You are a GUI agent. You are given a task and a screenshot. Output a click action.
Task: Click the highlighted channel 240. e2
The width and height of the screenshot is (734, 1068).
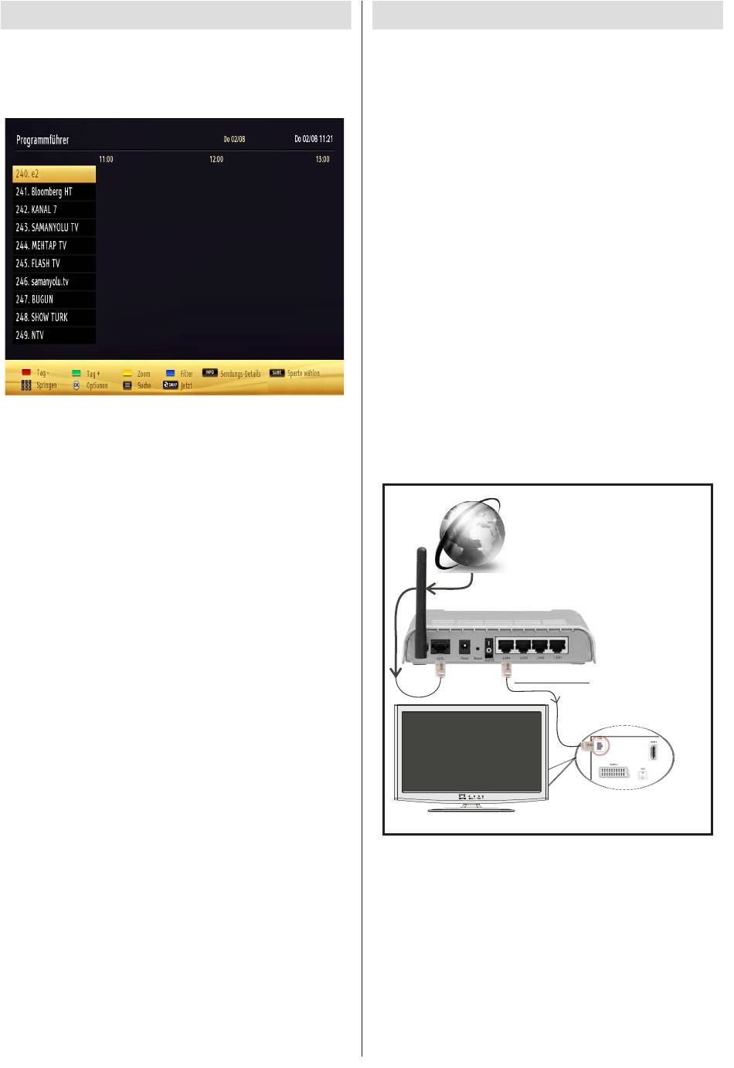[x=53, y=174]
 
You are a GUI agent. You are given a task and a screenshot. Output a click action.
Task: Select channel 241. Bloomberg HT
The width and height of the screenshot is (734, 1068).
[x=53, y=192]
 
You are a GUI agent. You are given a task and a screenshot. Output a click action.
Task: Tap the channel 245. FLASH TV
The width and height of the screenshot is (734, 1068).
[x=53, y=263]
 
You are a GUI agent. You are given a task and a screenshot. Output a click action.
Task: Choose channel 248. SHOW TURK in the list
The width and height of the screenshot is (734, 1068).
[x=53, y=317]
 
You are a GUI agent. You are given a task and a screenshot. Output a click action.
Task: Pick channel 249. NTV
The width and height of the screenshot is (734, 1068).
[x=53, y=335]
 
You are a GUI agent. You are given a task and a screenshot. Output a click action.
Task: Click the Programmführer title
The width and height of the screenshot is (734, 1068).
[x=42, y=140]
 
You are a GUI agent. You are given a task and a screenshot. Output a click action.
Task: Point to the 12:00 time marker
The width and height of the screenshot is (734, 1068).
[x=216, y=159]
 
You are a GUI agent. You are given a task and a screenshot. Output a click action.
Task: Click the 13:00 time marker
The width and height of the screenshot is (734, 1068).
[x=322, y=159]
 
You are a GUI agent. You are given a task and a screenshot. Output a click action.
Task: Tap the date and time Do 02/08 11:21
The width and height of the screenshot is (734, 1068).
[x=313, y=139]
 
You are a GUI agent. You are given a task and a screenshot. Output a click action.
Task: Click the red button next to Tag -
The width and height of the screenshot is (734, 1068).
[x=26, y=372]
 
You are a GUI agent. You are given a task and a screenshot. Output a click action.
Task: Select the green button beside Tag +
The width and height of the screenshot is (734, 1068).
[x=76, y=373]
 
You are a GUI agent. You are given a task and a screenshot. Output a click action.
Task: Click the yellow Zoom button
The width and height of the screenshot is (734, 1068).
[x=127, y=373]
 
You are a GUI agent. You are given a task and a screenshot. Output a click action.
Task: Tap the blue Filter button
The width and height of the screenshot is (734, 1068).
[x=171, y=373]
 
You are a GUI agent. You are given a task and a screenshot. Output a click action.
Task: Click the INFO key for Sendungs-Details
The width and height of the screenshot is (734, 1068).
[x=209, y=372]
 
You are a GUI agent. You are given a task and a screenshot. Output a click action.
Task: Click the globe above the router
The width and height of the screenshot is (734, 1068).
[x=472, y=534]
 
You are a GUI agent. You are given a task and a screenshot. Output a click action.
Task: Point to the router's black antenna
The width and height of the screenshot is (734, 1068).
[x=422, y=602]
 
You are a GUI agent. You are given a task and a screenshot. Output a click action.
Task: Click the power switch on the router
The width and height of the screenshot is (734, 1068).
[x=489, y=648]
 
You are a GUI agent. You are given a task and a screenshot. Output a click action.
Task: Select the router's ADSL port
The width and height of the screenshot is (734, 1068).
[x=440, y=648]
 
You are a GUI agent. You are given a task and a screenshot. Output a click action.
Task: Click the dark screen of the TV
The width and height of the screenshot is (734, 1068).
[x=471, y=751]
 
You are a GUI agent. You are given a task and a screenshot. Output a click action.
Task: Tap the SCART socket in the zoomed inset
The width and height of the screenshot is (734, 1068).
[x=613, y=771]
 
